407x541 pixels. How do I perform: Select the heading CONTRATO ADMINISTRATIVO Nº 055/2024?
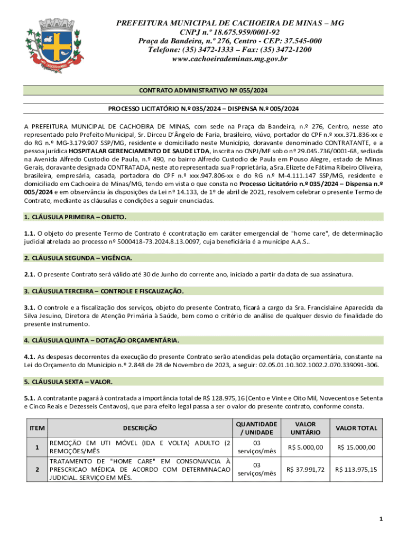click(203, 91)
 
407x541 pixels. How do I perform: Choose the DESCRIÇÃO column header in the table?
click(140, 428)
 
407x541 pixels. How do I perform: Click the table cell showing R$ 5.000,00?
click(306, 447)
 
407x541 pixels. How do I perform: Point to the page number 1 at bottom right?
click(381, 519)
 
